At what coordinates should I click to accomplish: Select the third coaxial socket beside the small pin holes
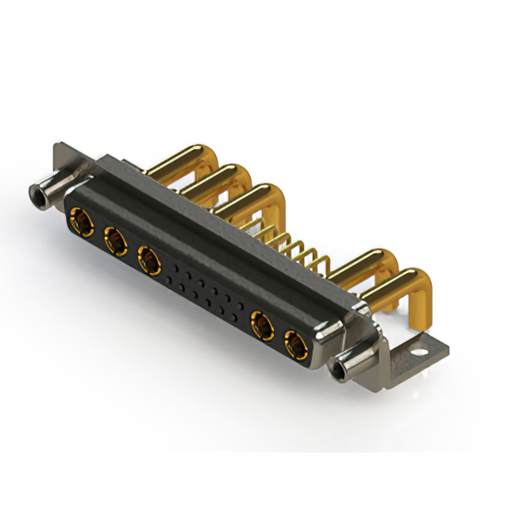pyautogui.click(x=148, y=257)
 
